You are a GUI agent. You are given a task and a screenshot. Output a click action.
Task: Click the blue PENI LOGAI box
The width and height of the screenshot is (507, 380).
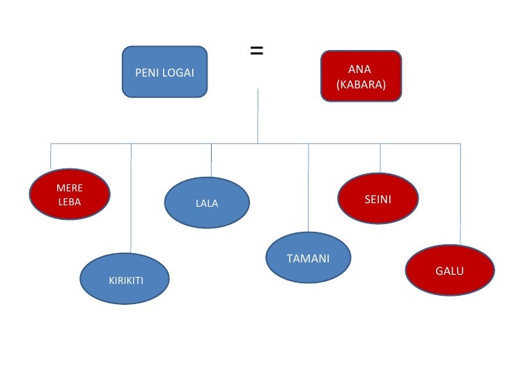pyautogui.click(x=164, y=72)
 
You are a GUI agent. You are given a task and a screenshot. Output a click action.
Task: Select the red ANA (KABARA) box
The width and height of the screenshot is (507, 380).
pyautogui.click(x=361, y=76)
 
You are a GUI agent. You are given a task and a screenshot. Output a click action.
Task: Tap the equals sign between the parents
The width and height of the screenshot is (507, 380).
pyautogui.click(x=256, y=51)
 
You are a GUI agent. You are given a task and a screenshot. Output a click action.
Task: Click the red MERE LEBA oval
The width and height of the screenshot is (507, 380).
pyautogui.click(x=70, y=195)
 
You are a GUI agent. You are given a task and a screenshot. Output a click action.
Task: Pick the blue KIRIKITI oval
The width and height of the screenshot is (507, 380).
pyautogui.click(x=125, y=279)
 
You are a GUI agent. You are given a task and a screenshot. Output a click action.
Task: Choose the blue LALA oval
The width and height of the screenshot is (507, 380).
pyautogui.click(x=207, y=203)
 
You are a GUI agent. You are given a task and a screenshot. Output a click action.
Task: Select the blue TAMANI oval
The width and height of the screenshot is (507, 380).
pyautogui.click(x=309, y=258)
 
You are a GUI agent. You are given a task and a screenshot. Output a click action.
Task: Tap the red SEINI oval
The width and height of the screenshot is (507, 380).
pyautogui.click(x=378, y=199)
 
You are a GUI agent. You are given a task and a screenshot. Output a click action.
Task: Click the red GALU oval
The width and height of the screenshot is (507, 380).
pyautogui.click(x=449, y=270)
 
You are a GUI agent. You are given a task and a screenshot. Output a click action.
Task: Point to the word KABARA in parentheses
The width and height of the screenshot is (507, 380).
pyautogui.click(x=361, y=84)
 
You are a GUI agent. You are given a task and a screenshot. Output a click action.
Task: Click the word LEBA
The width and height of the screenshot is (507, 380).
pyautogui.click(x=70, y=202)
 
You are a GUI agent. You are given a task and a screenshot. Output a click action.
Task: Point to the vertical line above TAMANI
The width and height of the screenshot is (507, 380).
pyautogui.click(x=309, y=188)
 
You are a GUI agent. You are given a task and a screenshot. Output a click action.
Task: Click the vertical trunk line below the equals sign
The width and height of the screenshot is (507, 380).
pyautogui.click(x=258, y=116)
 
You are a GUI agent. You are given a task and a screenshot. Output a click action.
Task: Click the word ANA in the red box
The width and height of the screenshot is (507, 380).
pyautogui.click(x=360, y=69)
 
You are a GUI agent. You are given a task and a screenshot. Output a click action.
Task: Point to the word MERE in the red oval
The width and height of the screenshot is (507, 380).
pyautogui.click(x=70, y=188)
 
